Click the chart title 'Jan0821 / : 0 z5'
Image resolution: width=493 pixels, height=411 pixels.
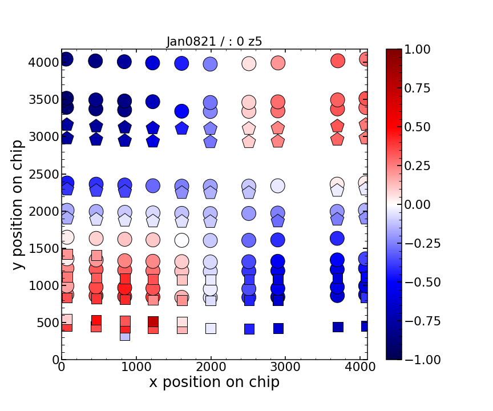pos(214,41)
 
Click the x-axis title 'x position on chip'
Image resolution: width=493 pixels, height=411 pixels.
pos(214,382)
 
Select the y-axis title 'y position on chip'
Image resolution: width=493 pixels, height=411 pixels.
pos(18,205)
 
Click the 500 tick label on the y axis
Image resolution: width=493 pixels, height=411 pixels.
pos(46,323)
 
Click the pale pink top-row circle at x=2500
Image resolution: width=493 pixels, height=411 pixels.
pos(249,64)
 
